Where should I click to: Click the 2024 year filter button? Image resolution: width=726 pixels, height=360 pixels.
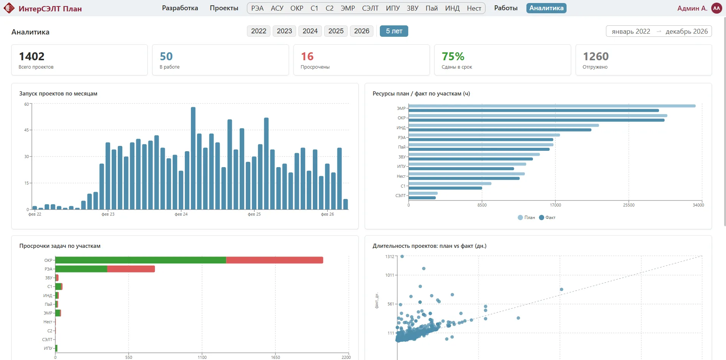point(310,31)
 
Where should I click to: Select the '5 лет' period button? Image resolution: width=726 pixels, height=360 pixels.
point(394,31)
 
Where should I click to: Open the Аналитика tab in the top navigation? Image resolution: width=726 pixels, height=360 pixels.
point(546,8)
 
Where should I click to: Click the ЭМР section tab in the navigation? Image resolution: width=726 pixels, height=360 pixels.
point(348,8)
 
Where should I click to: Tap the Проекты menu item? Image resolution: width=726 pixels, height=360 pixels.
point(224,8)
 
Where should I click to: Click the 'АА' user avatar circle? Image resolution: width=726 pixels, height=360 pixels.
point(717,8)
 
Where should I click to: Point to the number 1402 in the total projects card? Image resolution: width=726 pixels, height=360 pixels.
point(32,56)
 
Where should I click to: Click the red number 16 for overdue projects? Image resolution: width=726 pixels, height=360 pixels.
point(307,56)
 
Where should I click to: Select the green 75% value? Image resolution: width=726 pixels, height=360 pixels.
point(453,56)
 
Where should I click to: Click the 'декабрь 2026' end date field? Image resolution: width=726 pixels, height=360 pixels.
point(686,31)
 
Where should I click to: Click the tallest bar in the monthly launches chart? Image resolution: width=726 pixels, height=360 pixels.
point(193,158)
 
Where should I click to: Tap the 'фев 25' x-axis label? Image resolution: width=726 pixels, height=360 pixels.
point(254,214)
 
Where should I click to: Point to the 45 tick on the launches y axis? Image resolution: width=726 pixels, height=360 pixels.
point(27,130)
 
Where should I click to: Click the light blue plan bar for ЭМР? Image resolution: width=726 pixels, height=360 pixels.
point(552,106)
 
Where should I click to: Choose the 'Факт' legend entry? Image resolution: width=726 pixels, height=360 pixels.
point(547,218)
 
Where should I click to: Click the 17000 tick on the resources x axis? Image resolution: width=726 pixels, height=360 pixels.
point(556,205)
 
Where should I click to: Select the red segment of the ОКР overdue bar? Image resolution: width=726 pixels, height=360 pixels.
point(275,260)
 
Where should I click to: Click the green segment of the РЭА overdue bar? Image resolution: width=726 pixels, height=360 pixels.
point(81,269)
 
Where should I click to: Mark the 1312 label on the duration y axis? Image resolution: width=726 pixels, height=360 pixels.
point(390,257)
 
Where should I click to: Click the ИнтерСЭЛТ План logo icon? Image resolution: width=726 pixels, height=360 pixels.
point(9,8)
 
